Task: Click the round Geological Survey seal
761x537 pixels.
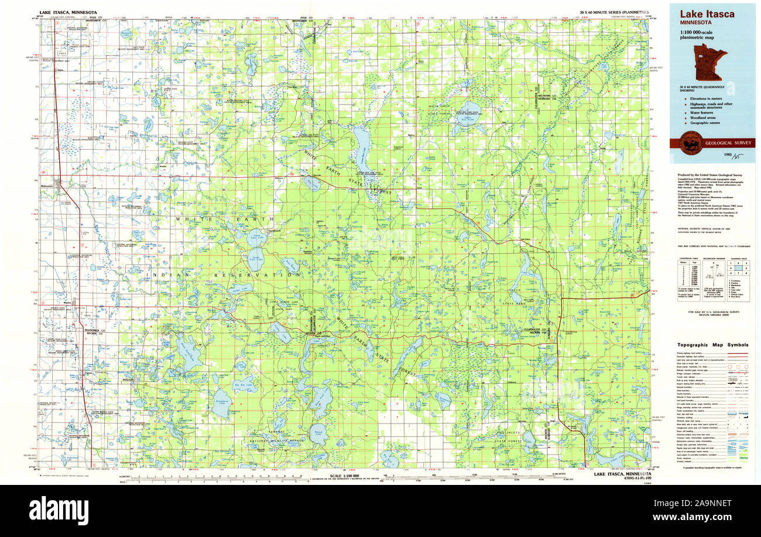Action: [x=691, y=143]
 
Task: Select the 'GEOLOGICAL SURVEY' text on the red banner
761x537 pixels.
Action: [x=729, y=143]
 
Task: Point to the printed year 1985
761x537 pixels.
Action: [x=729, y=155]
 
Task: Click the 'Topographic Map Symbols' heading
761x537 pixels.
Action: [x=712, y=345]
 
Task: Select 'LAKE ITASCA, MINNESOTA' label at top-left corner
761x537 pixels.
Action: [x=68, y=12]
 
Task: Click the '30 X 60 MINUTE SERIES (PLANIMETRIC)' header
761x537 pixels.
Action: [x=613, y=12]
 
